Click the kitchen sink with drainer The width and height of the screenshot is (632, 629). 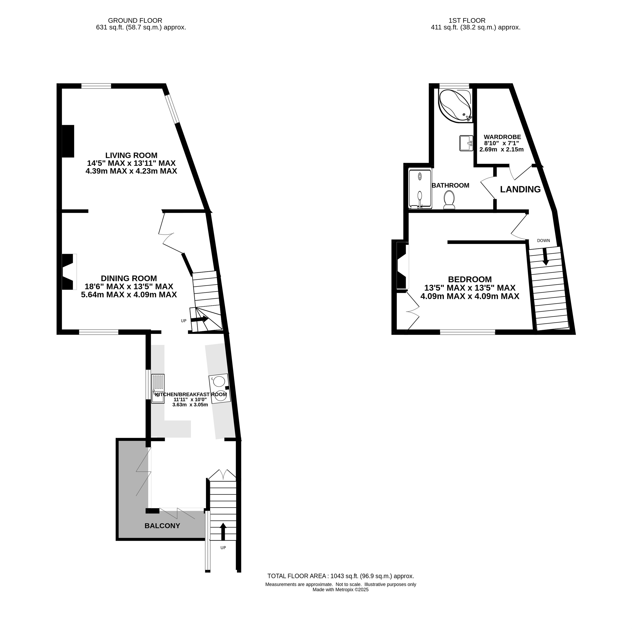[158, 389]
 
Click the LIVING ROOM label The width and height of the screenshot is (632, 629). [131, 155]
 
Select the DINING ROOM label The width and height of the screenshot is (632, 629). [129, 278]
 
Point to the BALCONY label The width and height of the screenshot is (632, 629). [162, 526]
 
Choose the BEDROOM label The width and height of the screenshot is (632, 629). [470, 279]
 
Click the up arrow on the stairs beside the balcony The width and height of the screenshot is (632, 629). [223, 532]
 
